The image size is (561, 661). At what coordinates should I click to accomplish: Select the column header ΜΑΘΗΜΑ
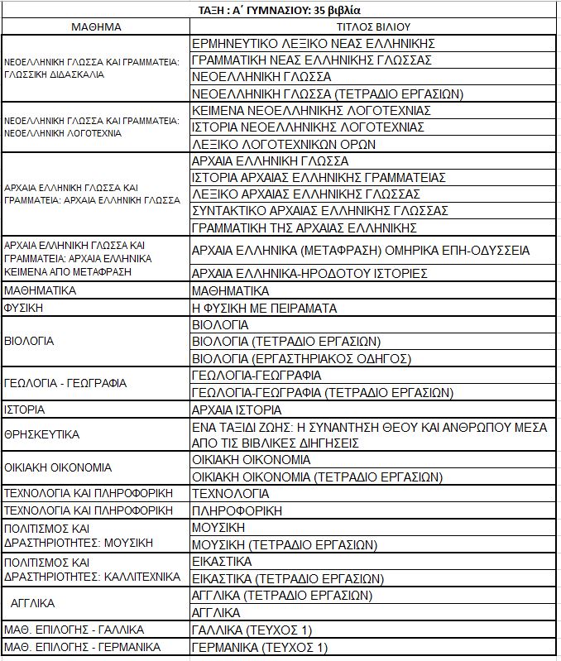click(96, 26)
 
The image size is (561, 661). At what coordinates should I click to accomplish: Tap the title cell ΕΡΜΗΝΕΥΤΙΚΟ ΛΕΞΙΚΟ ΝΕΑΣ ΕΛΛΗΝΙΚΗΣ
click(313, 43)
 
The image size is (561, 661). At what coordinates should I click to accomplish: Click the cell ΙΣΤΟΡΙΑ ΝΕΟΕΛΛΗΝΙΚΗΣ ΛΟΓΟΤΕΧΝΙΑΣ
click(308, 127)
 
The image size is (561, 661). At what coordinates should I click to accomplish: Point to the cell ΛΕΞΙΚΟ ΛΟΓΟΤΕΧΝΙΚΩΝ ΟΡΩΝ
click(284, 144)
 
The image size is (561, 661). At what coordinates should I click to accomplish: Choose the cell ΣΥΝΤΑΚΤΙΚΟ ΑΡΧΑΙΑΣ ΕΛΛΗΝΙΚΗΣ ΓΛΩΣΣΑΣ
click(319, 211)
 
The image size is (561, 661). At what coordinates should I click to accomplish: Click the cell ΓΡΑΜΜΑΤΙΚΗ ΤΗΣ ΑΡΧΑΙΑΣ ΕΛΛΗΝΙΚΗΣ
click(304, 228)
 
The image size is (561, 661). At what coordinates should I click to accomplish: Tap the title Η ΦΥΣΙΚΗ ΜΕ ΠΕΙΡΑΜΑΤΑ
click(264, 308)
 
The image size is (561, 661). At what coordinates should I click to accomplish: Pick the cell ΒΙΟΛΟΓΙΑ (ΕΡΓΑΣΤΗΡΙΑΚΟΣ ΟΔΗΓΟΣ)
click(301, 358)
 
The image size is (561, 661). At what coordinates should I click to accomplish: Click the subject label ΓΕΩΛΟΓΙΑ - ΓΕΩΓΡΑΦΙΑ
click(65, 383)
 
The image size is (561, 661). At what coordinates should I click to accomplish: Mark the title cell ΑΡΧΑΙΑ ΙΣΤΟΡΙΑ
click(237, 410)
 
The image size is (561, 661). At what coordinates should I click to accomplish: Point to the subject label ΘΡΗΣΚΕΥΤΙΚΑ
click(41, 433)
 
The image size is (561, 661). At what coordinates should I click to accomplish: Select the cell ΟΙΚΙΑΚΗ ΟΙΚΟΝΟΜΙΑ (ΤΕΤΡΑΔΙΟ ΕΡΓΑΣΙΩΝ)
click(317, 477)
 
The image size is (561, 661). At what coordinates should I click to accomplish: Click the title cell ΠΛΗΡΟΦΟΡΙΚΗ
click(231, 510)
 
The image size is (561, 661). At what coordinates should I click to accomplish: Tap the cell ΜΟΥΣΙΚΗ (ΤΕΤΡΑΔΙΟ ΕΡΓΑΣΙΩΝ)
click(284, 544)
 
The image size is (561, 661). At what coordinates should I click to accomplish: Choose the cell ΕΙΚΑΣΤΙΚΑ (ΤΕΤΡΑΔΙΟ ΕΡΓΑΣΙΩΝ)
click(287, 578)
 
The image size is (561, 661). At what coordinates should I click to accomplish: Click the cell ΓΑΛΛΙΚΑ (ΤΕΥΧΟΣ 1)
click(252, 630)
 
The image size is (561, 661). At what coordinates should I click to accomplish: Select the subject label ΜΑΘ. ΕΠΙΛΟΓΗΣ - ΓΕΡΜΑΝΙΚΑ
click(82, 646)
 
